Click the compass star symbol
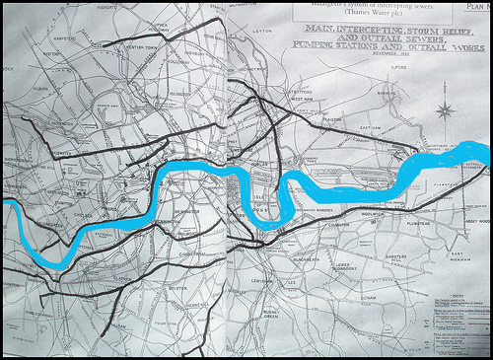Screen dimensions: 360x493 point(446,109)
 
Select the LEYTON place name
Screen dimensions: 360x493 point(261,32)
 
